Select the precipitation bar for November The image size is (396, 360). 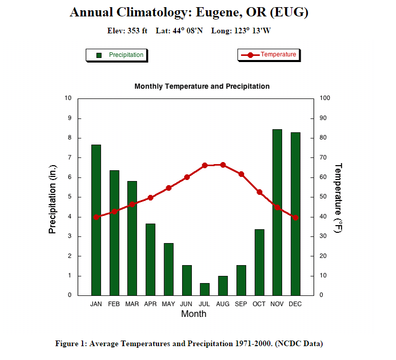277,212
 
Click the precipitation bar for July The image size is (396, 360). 205,289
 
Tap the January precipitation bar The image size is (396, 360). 96,220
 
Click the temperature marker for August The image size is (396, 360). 223,165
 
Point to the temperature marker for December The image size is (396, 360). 295,217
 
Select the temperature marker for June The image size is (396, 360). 187,177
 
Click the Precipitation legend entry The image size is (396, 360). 116,55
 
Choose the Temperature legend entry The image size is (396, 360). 268,54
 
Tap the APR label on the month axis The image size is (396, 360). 150,304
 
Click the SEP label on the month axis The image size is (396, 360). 241,304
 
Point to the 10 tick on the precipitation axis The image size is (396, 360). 68,98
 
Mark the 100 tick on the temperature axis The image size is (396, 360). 325,98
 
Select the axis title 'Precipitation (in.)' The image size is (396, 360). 52,199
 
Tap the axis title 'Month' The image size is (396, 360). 193,314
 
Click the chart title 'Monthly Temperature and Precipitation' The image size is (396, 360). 202,87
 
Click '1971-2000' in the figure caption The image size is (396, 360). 251,344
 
